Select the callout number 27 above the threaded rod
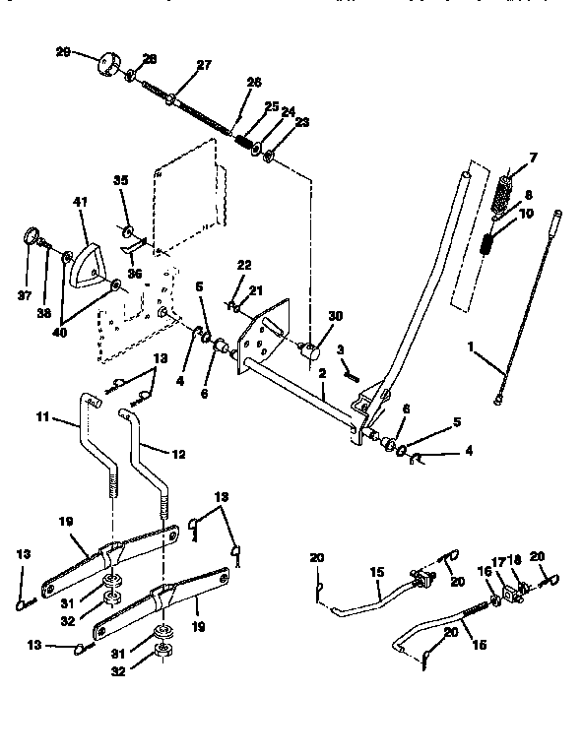tap(204, 65)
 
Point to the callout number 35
tap(121, 180)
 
